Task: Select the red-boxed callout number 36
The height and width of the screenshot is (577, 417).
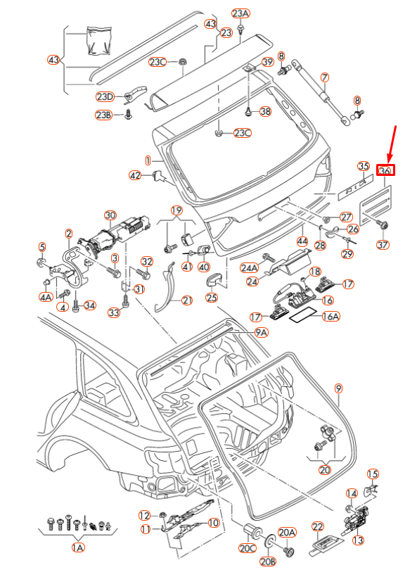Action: point(385,170)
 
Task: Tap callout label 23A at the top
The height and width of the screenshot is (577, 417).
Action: point(240,13)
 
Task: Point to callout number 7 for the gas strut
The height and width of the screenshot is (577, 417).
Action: point(324,77)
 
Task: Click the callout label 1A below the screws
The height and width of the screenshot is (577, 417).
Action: point(78,547)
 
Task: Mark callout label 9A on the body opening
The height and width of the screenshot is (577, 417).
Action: point(261,332)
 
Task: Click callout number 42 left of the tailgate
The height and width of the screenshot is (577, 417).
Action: point(136,175)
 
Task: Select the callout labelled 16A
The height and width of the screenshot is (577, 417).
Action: point(331,317)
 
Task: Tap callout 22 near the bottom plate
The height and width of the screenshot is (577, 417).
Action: point(317,526)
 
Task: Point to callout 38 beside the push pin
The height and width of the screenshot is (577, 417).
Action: point(265,111)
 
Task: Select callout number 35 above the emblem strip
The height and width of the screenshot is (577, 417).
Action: point(362,166)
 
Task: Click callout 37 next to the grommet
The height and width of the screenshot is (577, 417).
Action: point(382,245)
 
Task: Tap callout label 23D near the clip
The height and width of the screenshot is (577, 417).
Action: point(105,96)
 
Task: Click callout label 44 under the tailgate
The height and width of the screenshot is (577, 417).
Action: point(302,241)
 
